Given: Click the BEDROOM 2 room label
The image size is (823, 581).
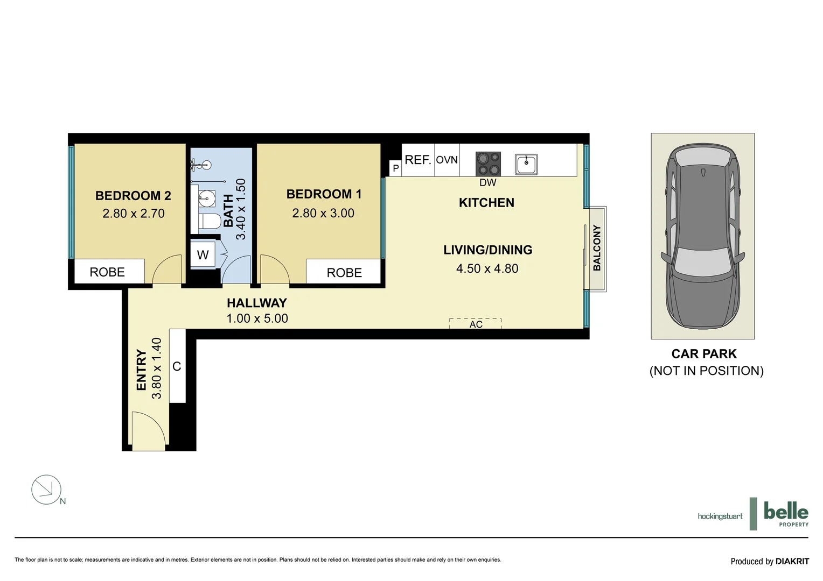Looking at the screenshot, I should tap(133, 196).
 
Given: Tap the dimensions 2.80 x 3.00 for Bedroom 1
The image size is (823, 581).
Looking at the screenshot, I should tap(323, 214).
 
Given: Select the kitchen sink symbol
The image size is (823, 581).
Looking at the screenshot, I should tap(526, 164).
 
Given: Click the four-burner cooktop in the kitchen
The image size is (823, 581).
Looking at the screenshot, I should tap(488, 164).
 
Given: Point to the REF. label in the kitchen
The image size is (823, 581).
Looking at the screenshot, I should tap(418, 160).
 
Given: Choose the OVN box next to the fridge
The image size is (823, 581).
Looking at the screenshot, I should tap(447, 160).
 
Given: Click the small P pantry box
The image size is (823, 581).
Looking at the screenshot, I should tap(395, 168).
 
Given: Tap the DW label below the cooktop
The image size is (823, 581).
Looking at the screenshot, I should tap(487, 182).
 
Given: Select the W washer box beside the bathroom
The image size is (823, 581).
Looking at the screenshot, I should tap(203, 255).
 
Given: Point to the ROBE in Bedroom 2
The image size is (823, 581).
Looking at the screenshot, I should tap(107, 272).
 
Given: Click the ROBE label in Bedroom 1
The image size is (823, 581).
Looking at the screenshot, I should tap(344, 273).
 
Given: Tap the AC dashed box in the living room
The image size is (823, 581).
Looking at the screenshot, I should tap(476, 324).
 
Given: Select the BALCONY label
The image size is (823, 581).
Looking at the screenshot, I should tap(597, 248).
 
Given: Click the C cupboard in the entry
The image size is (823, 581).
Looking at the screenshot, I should tap(177, 366).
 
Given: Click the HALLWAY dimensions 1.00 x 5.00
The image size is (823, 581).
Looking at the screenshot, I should tap(257, 318).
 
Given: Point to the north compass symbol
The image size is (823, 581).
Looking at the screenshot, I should tap(47, 490).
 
